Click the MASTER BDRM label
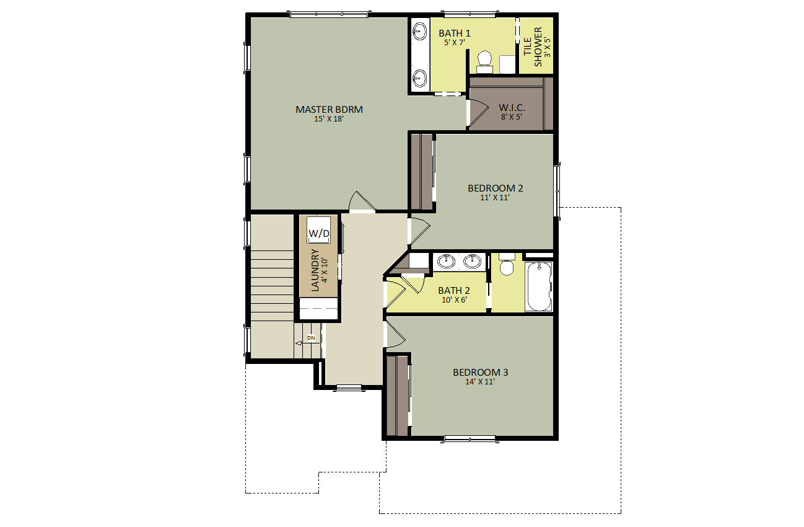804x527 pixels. pyautogui.click(x=329, y=109)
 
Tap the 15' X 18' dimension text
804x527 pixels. pyautogui.click(x=329, y=118)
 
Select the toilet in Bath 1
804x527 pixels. pyautogui.click(x=484, y=60)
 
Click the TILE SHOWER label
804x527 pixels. pyautogui.click(x=533, y=46)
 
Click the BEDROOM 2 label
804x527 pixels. pyautogui.click(x=496, y=188)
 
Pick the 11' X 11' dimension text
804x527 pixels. pyautogui.click(x=494, y=198)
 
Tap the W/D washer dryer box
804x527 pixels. pyautogui.click(x=319, y=232)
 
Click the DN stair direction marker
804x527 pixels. pyautogui.click(x=311, y=338)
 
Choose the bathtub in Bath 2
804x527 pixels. pyautogui.click(x=538, y=286)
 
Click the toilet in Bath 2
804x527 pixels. pyautogui.click(x=507, y=265)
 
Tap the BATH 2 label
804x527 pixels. pyautogui.click(x=454, y=290)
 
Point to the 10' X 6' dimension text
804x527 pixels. pyautogui.click(x=453, y=299)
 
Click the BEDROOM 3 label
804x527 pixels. pyautogui.click(x=481, y=372)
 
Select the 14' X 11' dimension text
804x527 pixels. pyautogui.click(x=480, y=382)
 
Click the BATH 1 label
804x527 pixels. pyautogui.click(x=455, y=33)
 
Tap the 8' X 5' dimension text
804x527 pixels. pyautogui.click(x=512, y=117)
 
